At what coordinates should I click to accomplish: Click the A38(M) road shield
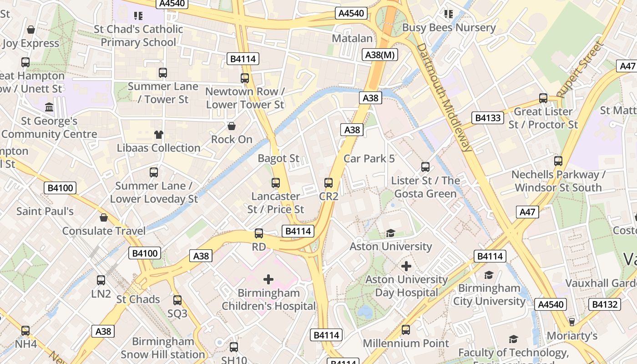380,55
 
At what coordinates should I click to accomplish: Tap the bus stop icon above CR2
329,183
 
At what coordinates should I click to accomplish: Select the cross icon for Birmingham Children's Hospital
268,279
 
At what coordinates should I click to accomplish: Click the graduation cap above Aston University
390,233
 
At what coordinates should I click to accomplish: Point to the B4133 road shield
488,118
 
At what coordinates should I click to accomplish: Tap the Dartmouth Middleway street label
444,97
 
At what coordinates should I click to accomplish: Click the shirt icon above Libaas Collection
158,134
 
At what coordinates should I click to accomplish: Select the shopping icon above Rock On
232,126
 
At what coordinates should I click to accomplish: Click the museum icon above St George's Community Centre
49,107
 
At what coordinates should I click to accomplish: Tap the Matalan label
352,38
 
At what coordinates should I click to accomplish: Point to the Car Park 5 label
369,158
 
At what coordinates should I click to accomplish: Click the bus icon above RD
259,233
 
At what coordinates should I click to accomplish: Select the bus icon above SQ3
177,300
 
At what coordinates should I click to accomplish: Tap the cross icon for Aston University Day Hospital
406,266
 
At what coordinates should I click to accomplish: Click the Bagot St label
278,158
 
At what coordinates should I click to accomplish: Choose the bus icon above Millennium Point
406,330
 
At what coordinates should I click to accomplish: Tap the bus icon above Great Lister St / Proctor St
543,98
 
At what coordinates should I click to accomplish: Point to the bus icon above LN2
101,280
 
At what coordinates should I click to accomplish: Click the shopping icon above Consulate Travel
104,217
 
